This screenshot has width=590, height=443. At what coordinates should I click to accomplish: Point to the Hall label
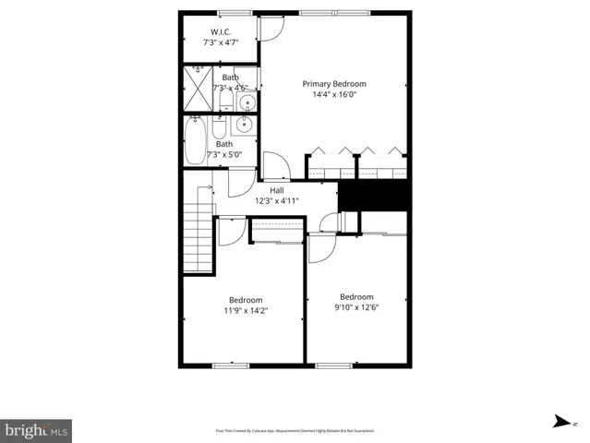click(276, 190)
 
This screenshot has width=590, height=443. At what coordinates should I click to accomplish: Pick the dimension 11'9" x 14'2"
click(246, 311)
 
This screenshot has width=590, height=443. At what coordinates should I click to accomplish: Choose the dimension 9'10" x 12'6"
click(355, 307)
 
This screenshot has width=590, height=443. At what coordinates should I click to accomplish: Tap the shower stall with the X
click(198, 89)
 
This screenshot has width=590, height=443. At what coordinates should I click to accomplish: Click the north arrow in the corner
click(560, 422)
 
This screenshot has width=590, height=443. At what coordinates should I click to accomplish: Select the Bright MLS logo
click(36, 430)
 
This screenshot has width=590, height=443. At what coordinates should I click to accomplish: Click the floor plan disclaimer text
click(295, 430)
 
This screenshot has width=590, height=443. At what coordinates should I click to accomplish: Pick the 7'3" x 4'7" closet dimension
click(222, 42)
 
